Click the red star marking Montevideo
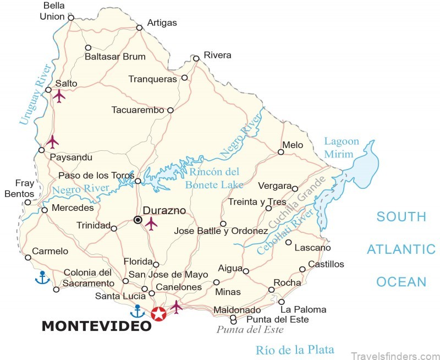[159, 314]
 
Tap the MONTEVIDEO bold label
[96, 326]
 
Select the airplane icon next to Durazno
[151, 223]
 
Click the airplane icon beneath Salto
[59, 96]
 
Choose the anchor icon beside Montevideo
[137, 312]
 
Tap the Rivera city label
[217, 55]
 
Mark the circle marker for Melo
[280, 152]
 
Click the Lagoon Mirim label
[341, 148]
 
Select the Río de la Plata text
[295, 350]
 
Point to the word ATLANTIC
[401, 249]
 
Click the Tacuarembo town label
[137, 110]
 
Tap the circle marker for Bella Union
[71, 18]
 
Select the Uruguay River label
[35, 94]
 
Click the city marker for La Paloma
[282, 302]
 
